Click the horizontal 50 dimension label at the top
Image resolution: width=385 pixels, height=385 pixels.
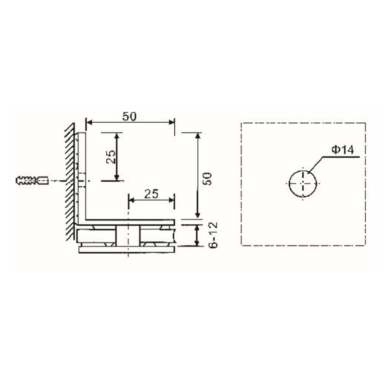point(129,116)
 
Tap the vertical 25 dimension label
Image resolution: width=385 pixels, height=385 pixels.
point(111,157)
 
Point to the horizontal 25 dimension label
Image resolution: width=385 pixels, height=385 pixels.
point(151,194)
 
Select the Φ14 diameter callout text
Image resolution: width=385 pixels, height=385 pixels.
point(343,150)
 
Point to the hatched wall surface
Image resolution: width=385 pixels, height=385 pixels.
point(69,178)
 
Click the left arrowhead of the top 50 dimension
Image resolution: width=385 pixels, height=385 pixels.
point(88,123)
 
